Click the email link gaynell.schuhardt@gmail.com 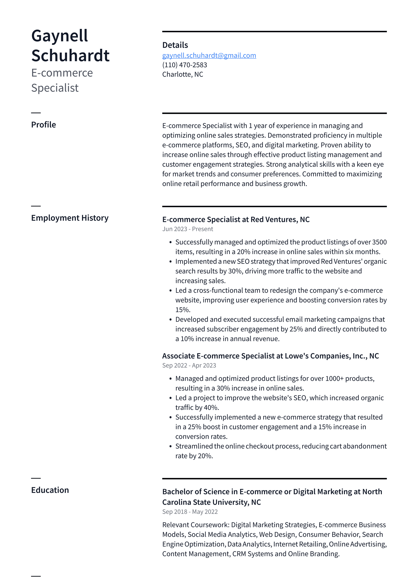(209, 55)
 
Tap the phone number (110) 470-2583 (185, 65)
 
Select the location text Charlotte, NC (182, 74)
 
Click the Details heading (175, 45)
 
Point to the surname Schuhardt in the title (70, 55)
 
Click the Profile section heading (43, 125)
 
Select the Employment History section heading (70, 218)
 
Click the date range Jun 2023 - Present (188, 229)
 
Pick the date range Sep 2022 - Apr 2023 (189, 365)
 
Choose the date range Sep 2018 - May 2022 (190, 512)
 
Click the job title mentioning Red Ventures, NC (236, 219)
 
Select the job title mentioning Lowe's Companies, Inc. (270, 356)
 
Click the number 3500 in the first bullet (379, 242)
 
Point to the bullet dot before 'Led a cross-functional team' (171, 291)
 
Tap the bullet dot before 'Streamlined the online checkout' (171, 446)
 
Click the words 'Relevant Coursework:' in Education (196, 525)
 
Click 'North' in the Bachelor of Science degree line (372, 492)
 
